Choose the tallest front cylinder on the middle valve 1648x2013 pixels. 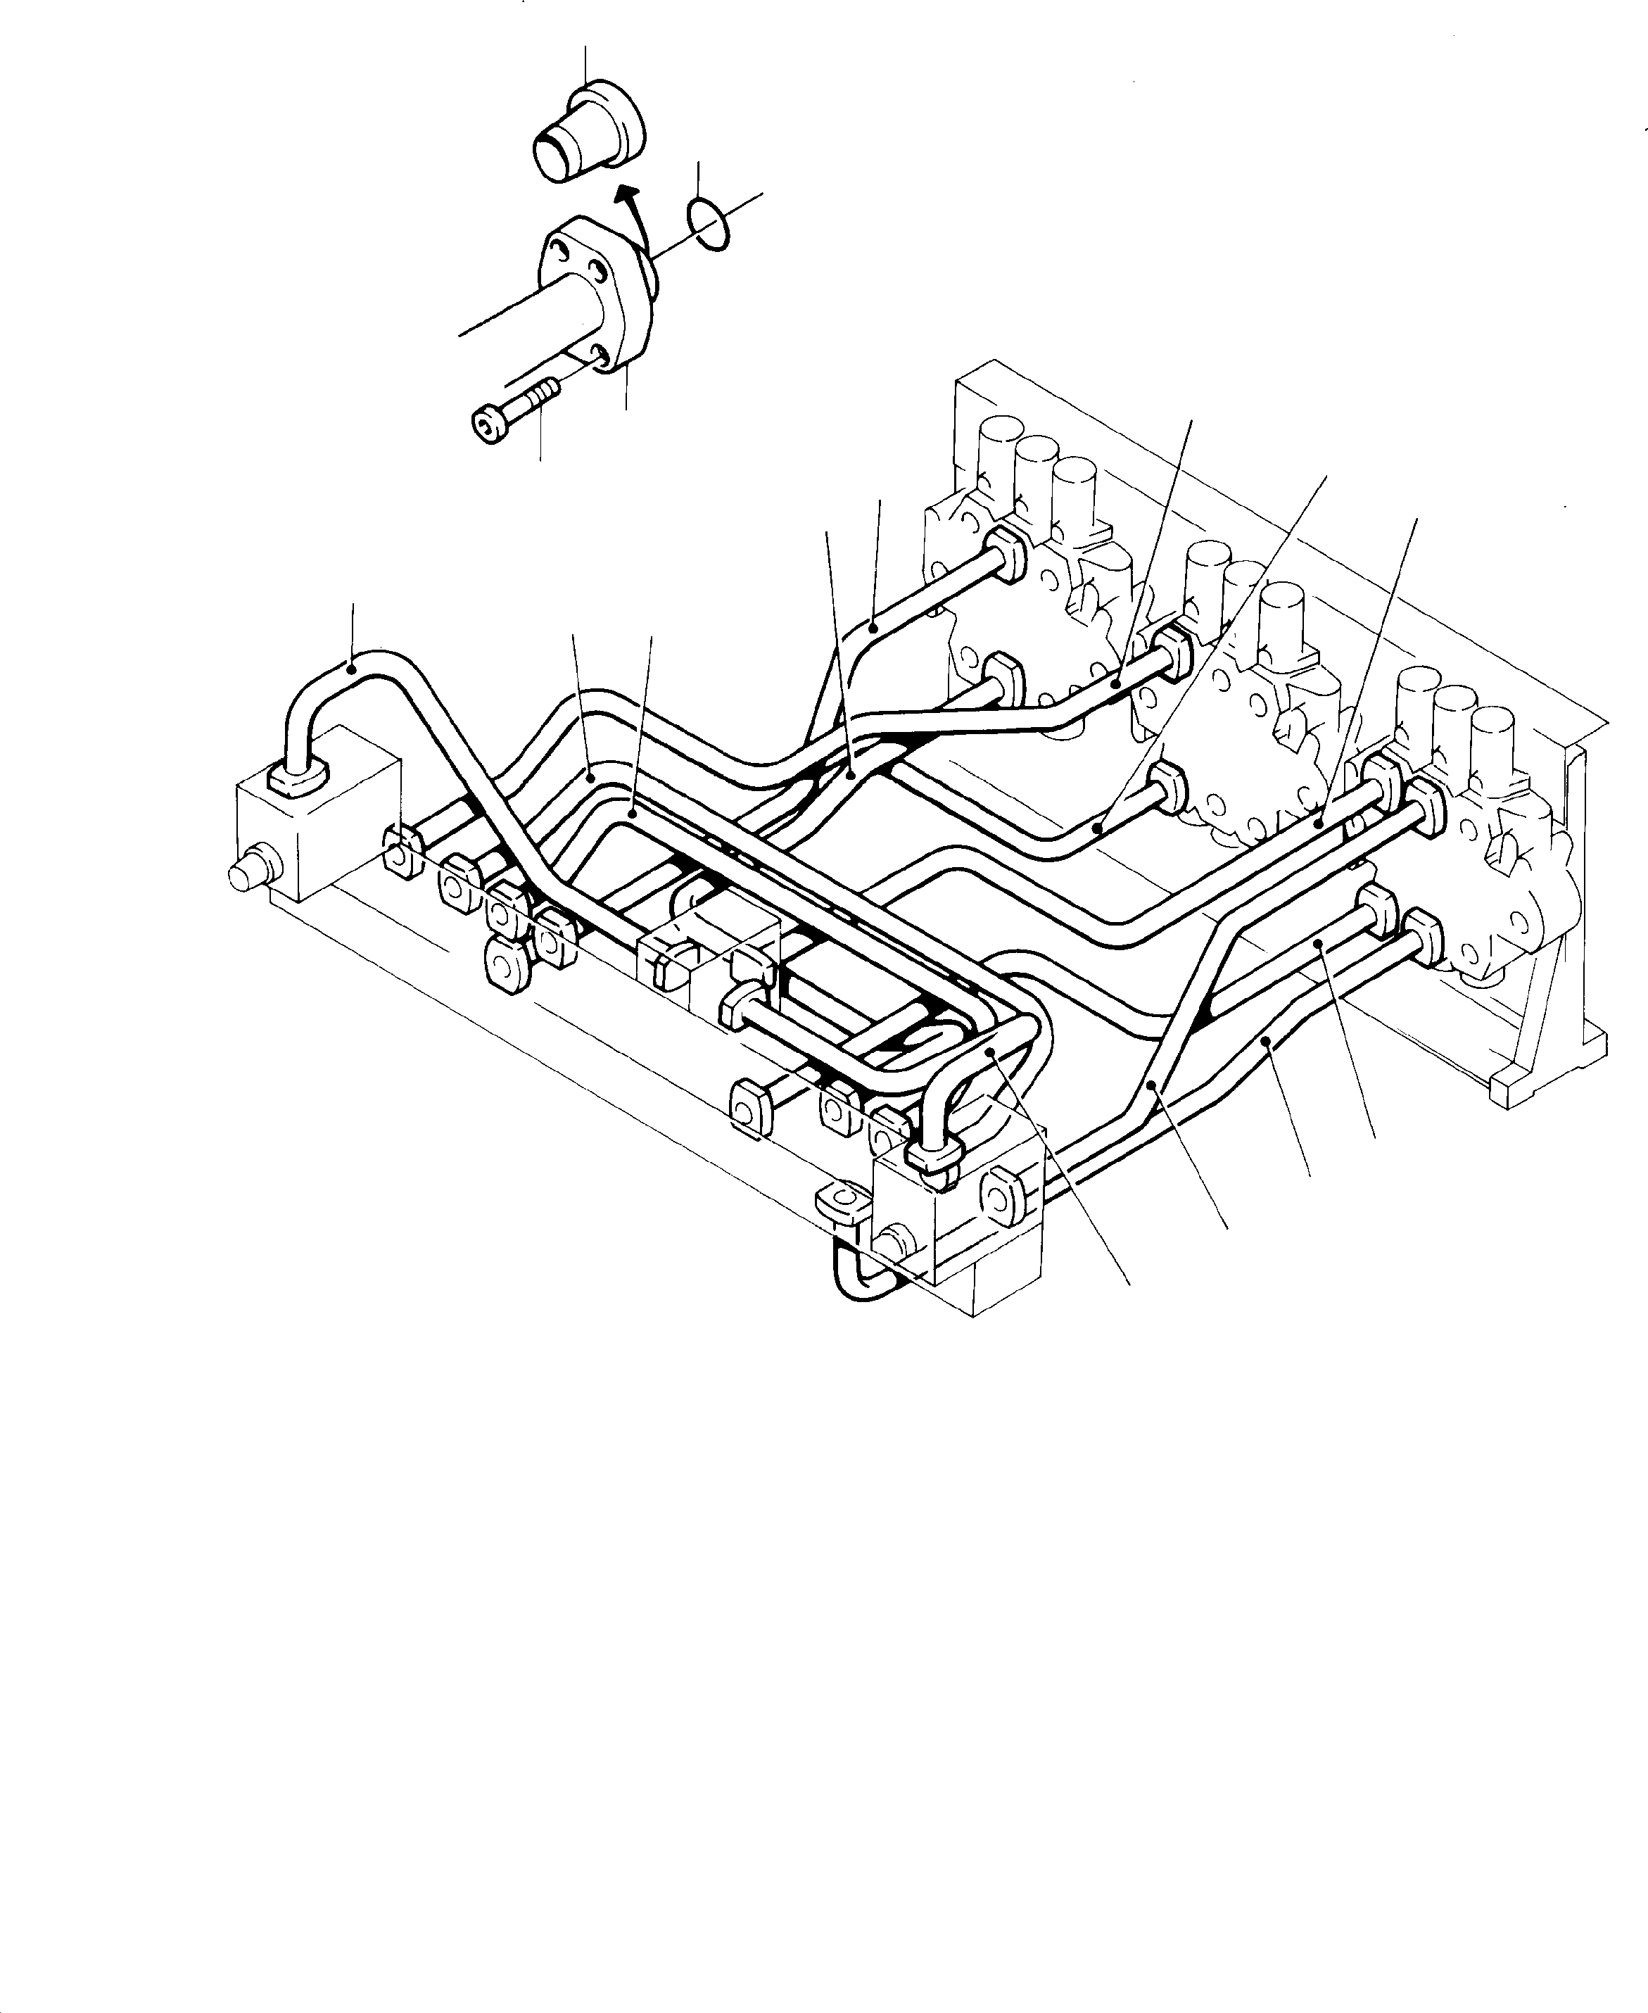click(1281, 617)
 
